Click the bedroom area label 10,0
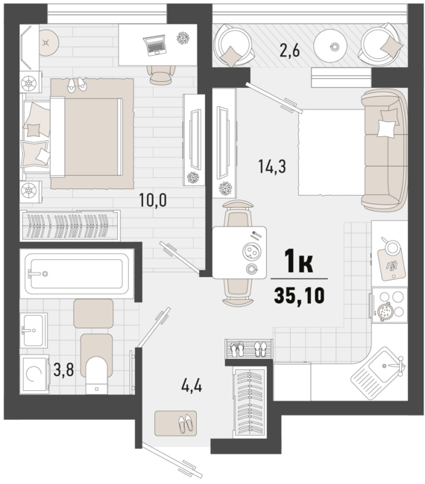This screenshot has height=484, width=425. pyautogui.click(x=153, y=200)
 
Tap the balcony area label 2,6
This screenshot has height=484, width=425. pyautogui.click(x=289, y=51)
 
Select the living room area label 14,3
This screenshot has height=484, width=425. pyautogui.click(x=272, y=167)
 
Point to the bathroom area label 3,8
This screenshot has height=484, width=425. pyautogui.click(x=63, y=370)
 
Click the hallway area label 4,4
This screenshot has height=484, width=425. pyautogui.click(x=192, y=386)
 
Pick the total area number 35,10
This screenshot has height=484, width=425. pyautogui.click(x=299, y=296)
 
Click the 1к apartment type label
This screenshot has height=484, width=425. pyautogui.click(x=299, y=261)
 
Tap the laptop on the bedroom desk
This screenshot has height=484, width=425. pyautogui.click(x=154, y=45)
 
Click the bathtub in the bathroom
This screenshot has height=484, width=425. pyautogui.click(x=77, y=274)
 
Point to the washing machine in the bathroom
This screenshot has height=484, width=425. pyautogui.click(x=34, y=374)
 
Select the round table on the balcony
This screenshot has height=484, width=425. pyautogui.click(x=330, y=46)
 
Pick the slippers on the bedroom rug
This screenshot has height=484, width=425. pyautogui.click(x=77, y=84)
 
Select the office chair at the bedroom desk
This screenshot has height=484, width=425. pyautogui.click(x=161, y=74)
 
